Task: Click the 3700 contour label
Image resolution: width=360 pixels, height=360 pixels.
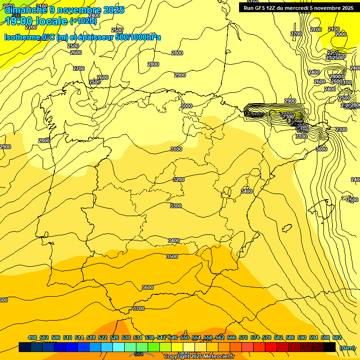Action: (x=138, y=308)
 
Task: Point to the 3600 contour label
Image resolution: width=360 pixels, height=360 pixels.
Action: (x=148, y=287)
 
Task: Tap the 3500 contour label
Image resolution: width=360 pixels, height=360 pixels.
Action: (x=172, y=256)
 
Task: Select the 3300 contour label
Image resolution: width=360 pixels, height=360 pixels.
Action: (x=176, y=206)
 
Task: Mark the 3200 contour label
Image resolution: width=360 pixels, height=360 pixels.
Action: (x=179, y=180)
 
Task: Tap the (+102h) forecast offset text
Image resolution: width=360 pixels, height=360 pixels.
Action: (x=83, y=21)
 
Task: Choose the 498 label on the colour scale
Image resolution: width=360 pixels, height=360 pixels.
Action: (x=32, y=337)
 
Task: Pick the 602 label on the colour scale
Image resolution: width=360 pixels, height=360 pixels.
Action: (x=337, y=337)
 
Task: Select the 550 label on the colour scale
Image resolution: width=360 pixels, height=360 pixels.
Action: (x=185, y=337)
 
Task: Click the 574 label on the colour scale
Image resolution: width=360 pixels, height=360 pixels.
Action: (x=255, y=337)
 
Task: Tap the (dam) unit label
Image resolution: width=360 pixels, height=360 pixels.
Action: (x=347, y=348)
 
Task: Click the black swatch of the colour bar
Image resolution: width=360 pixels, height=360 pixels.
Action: (x=330, y=347)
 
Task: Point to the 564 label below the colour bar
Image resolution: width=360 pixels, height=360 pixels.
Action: (x=139, y=354)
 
